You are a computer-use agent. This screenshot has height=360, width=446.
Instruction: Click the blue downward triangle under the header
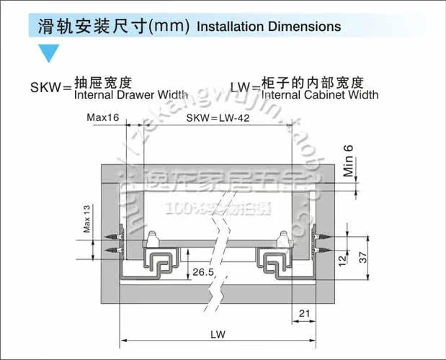pos(47,53)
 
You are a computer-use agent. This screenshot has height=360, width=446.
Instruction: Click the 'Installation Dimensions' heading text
pos(268,27)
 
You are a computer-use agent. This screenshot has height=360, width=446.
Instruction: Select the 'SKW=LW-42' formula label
pos(218,118)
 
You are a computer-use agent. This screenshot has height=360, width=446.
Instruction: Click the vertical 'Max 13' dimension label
pos(86,219)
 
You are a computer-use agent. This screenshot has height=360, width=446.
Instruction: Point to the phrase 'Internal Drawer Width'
pos(131,94)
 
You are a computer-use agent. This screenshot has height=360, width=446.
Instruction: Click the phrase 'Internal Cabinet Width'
pos(320,94)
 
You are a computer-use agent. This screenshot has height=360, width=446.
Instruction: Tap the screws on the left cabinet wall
pos(115,242)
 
